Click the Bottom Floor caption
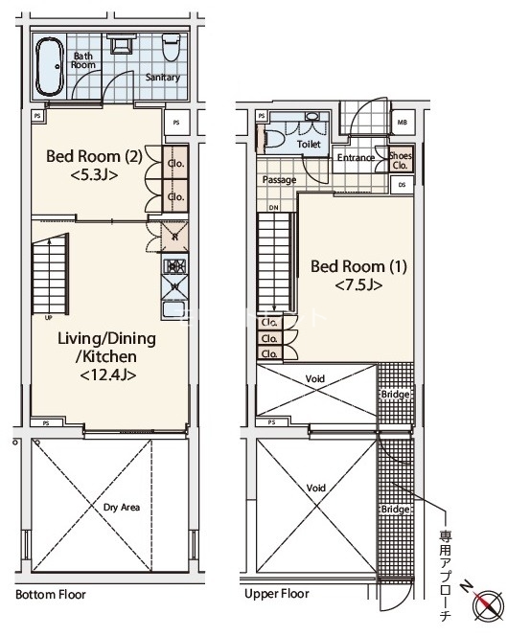tap(50, 595)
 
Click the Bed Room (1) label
tap(357, 267)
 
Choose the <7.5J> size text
tap(357, 284)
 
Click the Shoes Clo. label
tap(401, 160)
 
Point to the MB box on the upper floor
tap(402, 123)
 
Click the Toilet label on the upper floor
tap(309, 145)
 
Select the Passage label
tap(279, 180)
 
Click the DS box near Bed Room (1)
tap(402, 185)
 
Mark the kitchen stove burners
tap(175, 266)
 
